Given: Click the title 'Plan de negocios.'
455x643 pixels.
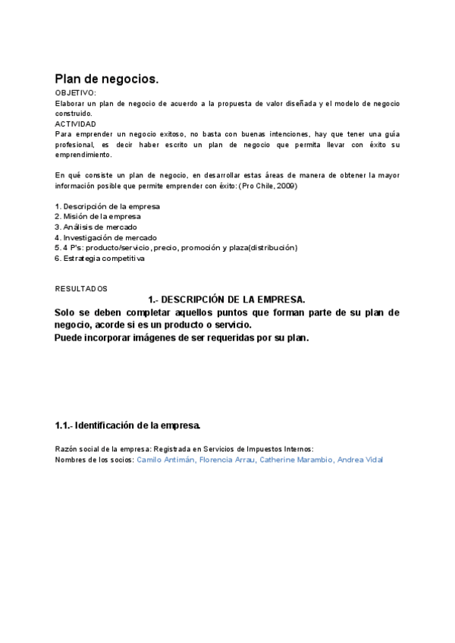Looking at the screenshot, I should tap(107, 79).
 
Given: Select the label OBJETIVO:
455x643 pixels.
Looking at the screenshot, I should tap(76, 93).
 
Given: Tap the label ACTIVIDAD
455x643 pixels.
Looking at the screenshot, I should tap(76, 124).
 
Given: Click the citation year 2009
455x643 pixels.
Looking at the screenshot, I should tap(285, 186).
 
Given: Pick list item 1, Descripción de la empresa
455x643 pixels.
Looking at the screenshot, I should tap(107, 206).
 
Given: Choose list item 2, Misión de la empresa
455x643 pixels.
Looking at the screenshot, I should tap(98, 217).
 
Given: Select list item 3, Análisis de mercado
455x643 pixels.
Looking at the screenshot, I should tap(96, 227).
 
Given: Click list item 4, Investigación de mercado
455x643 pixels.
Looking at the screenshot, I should tap(105, 237).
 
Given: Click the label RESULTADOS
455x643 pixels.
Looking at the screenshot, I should tap(82, 289).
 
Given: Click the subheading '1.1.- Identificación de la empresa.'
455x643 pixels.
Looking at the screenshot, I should tap(127, 425).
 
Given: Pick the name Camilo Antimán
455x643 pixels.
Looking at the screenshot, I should tap(165, 460).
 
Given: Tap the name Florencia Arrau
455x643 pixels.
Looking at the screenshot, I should tap(227, 460).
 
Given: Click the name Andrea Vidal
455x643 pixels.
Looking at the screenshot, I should tap(360, 460).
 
